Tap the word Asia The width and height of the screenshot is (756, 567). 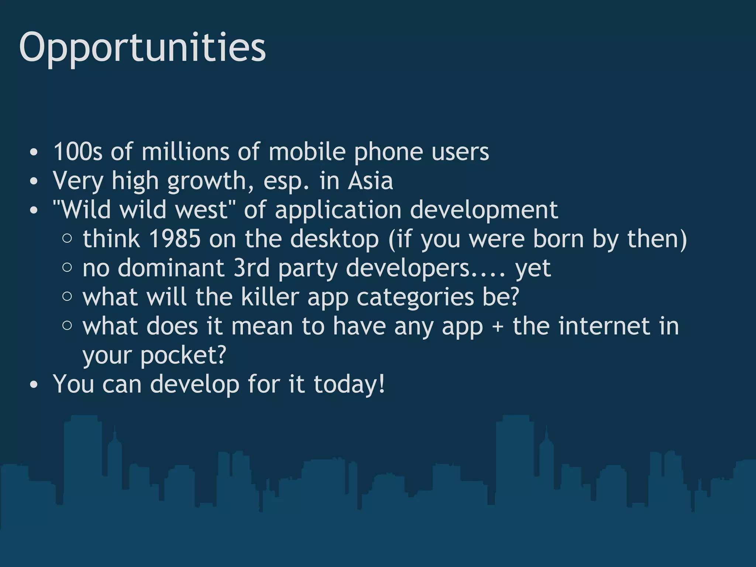[x=370, y=181]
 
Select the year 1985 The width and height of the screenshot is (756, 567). [x=175, y=239]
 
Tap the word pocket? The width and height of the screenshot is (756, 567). [x=183, y=355]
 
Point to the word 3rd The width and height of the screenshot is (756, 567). [x=251, y=268]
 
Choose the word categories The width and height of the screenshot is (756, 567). [x=415, y=298]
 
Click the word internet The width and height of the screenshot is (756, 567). [x=604, y=326]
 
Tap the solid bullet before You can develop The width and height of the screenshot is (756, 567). [x=34, y=385]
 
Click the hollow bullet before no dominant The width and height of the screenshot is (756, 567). [x=67, y=267]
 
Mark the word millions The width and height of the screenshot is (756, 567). [x=185, y=152]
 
